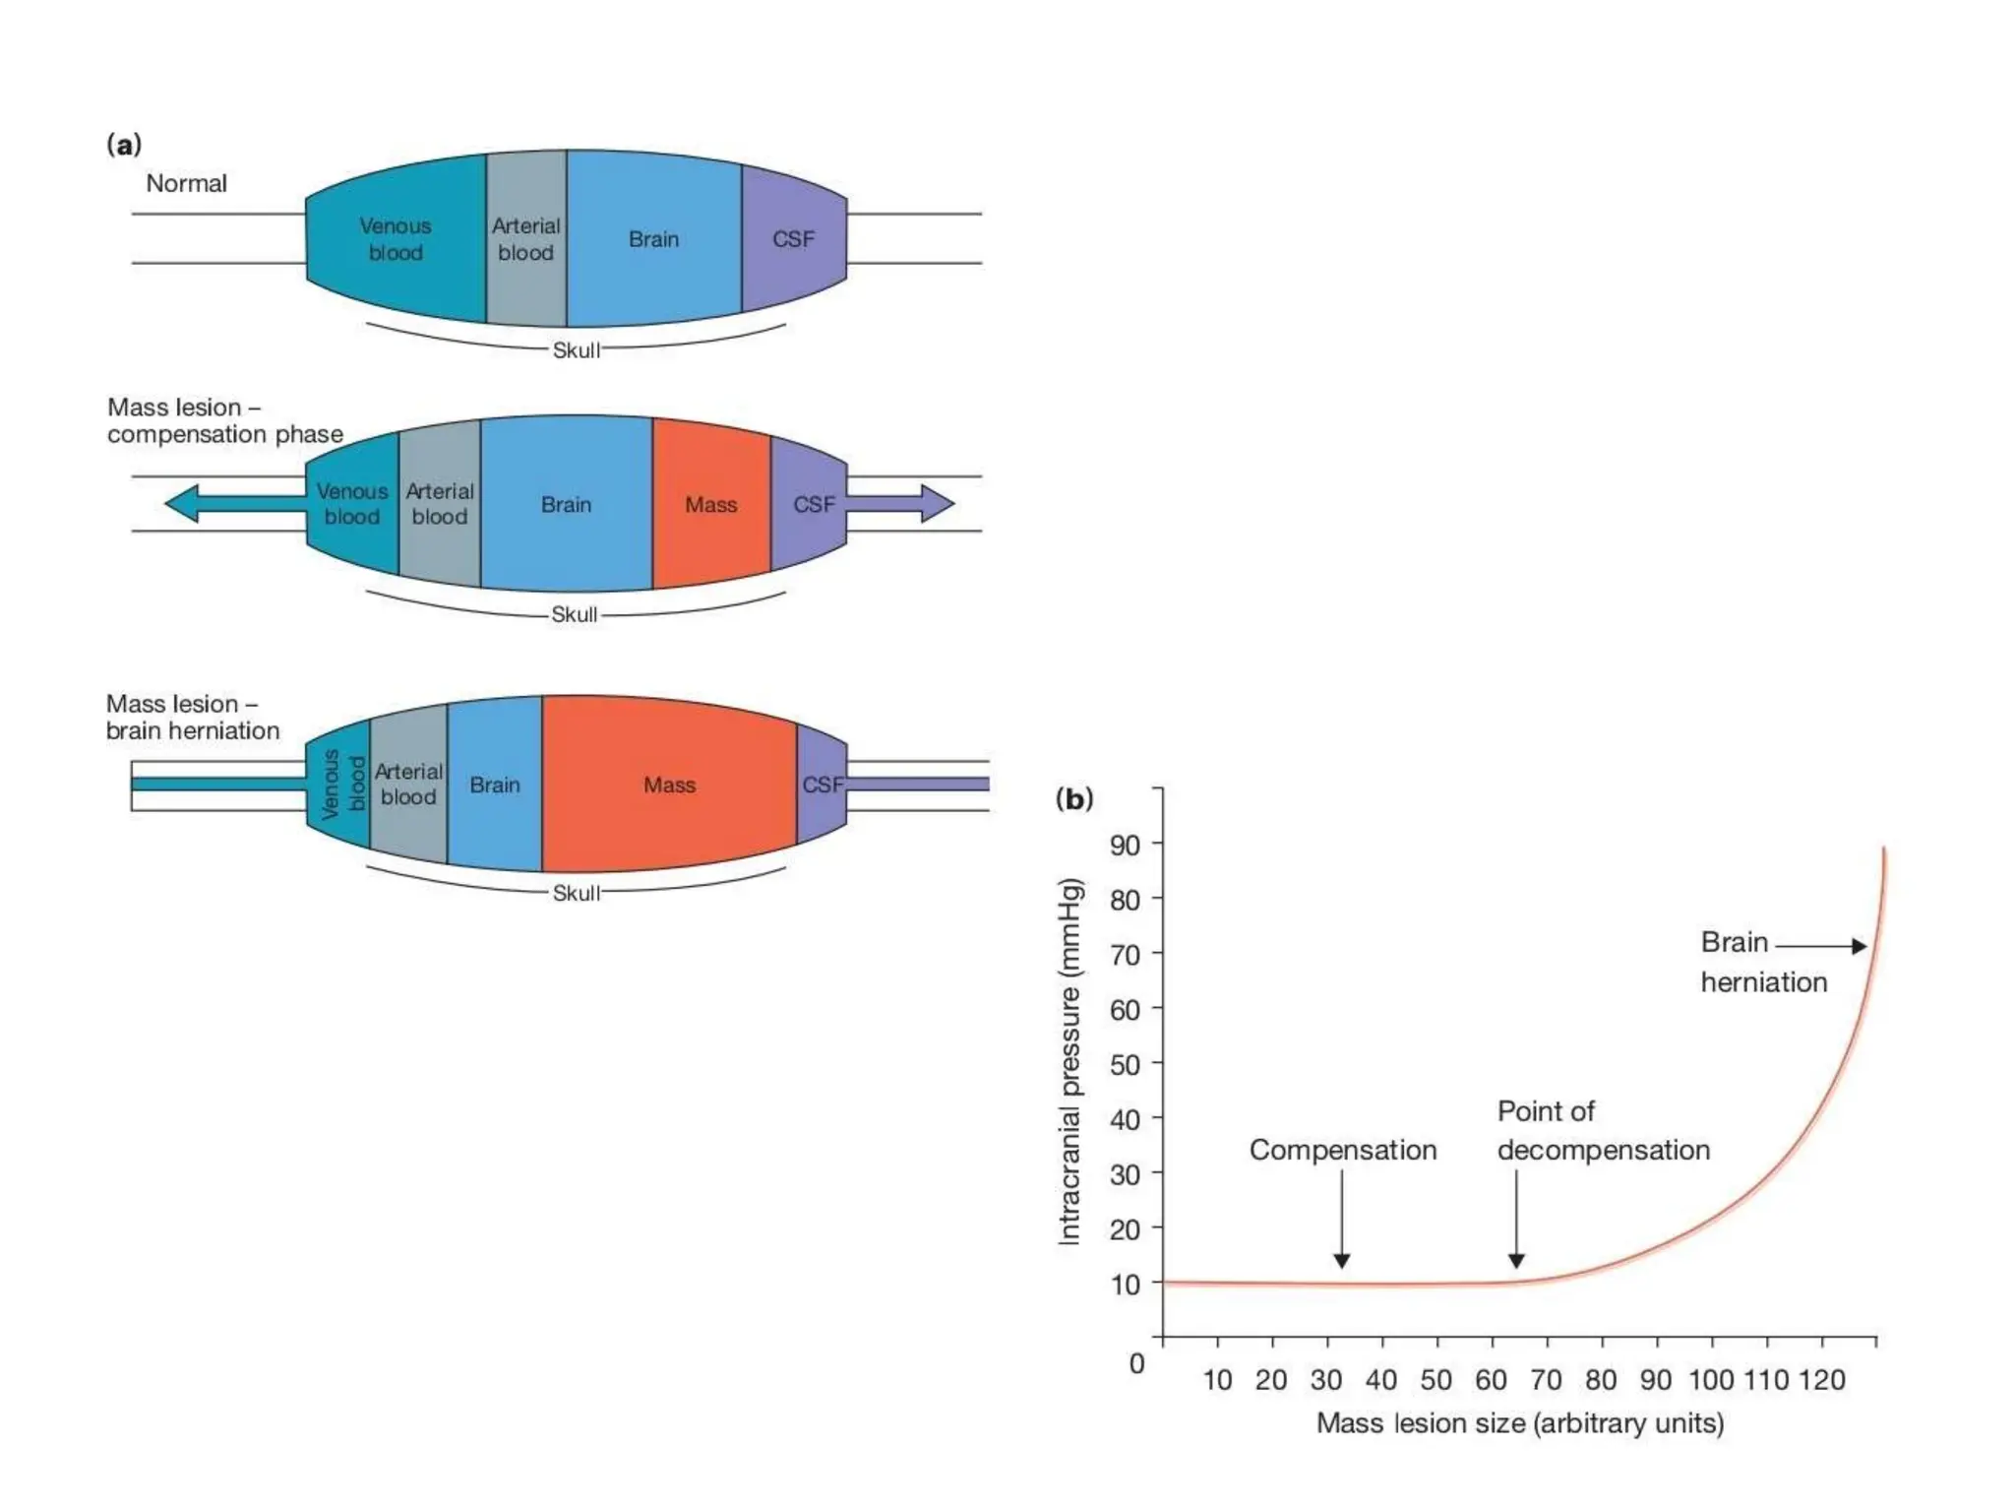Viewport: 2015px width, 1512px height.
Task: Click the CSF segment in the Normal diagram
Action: tap(793, 239)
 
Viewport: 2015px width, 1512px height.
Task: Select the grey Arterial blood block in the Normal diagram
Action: tap(526, 239)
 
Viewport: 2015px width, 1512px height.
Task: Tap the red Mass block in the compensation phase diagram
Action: tap(710, 505)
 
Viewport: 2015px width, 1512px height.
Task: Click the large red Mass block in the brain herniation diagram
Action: tap(669, 785)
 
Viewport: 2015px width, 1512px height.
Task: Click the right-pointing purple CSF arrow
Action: tap(900, 503)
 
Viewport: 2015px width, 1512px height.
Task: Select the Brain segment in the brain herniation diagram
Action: tap(494, 785)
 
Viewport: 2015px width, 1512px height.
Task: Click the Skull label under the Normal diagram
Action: tap(576, 350)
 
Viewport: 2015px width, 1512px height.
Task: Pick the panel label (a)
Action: tap(124, 145)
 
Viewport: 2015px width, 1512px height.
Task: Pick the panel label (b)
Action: tap(1073, 798)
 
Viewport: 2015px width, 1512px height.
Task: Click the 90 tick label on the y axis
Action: tap(1125, 845)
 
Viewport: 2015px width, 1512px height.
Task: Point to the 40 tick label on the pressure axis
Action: tap(1125, 1119)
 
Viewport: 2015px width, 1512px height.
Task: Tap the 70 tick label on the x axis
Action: tap(1546, 1380)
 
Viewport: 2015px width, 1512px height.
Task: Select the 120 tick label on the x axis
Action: tap(1821, 1380)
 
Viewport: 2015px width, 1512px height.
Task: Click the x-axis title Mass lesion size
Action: tap(1520, 1423)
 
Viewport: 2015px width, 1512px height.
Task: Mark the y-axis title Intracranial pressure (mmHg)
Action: tap(1069, 1061)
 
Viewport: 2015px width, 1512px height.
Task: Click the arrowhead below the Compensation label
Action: tap(1341, 1260)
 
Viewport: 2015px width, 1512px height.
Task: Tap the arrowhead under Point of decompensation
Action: tap(1516, 1260)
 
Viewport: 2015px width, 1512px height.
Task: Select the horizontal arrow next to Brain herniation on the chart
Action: tap(1821, 946)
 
